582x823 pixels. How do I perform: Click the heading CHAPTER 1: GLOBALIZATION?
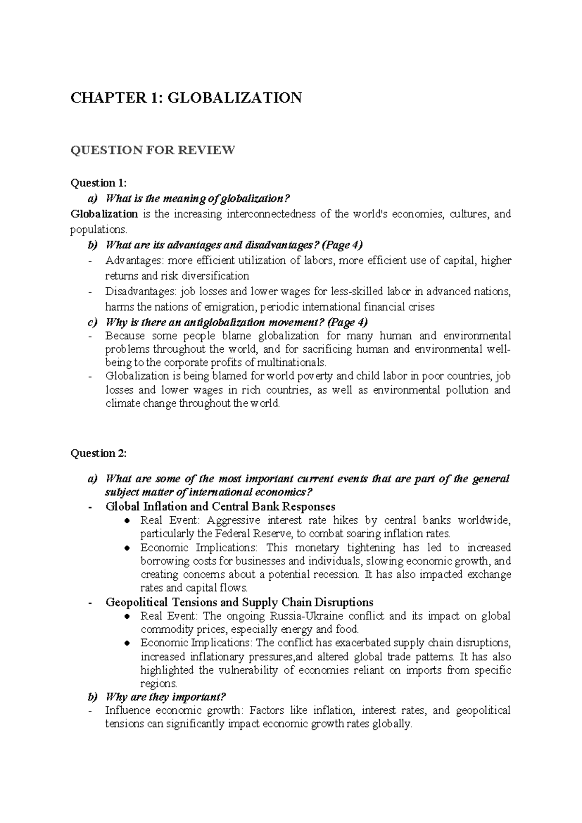[x=186, y=98]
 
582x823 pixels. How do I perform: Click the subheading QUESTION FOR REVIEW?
[x=153, y=150]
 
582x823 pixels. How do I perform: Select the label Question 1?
[x=98, y=183]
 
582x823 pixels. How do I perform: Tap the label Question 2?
[x=98, y=453]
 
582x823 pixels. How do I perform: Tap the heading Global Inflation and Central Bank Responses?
[x=220, y=507]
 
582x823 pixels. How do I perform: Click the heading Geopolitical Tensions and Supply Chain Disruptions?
[x=239, y=602]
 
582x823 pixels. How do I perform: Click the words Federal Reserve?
[x=249, y=534]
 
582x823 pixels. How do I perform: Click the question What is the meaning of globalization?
[x=197, y=198]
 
